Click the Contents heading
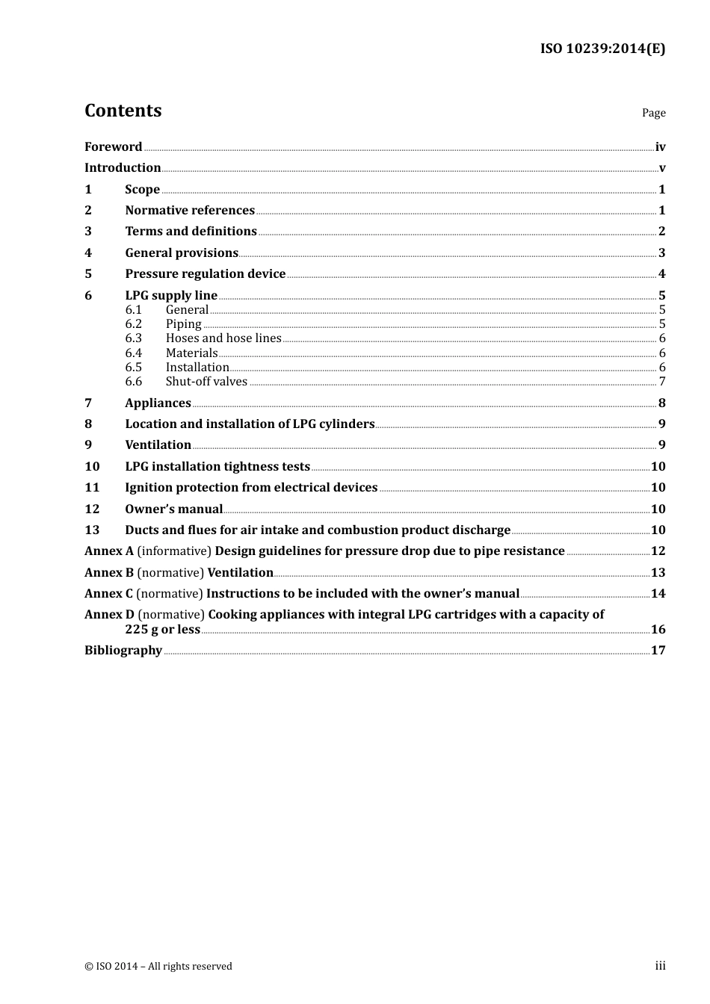(x=123, y=111)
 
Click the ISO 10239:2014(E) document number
(x=602, y=49)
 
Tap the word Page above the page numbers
(x=653, y=113)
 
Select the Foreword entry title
(x=113, y=146)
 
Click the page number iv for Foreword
(x=660, y=147)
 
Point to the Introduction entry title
(x=123, y=167)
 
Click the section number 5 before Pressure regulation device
(x=88, y=273)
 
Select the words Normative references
(x=190, y=210)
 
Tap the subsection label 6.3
(x=133, y=338)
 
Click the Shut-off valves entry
(x=206, y=381)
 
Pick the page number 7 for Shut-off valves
(x=661, y=382)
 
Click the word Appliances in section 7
(x=158, y=403)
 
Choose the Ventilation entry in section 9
(x=158, y=444)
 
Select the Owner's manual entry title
(x=173, y=509)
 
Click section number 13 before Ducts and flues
(x=91, y=530)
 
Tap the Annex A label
(x=108, y=551)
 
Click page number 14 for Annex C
(x=658, y=593)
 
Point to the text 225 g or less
(x=162, y=629)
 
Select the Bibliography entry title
(x=123, y=650)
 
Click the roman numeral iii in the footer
(x=660, y=966)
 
